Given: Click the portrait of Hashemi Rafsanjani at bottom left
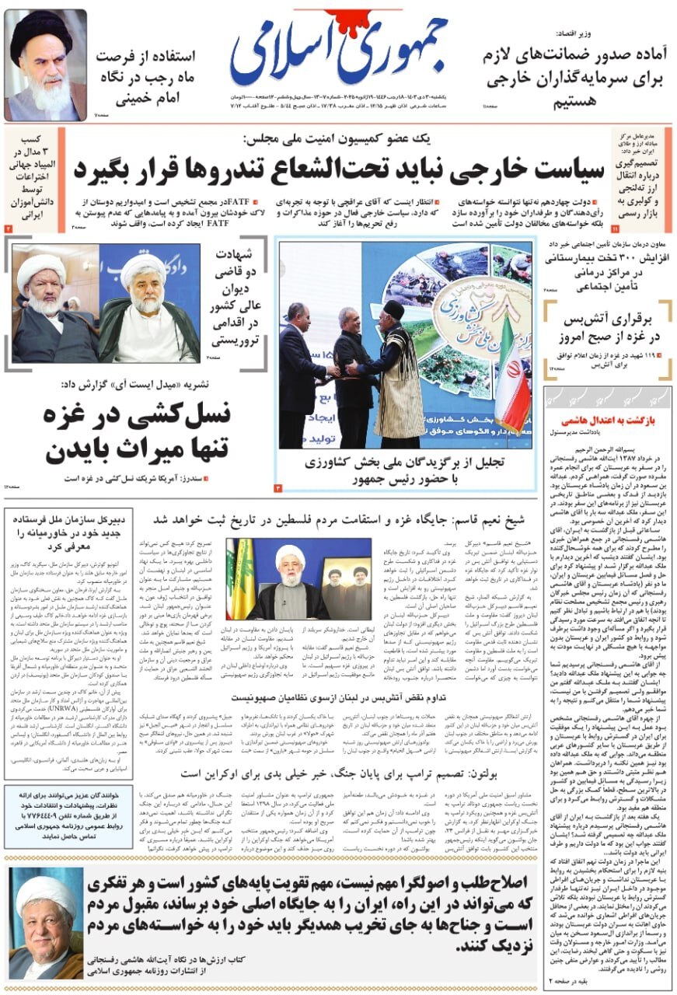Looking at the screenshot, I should click(x=45, y=926).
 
